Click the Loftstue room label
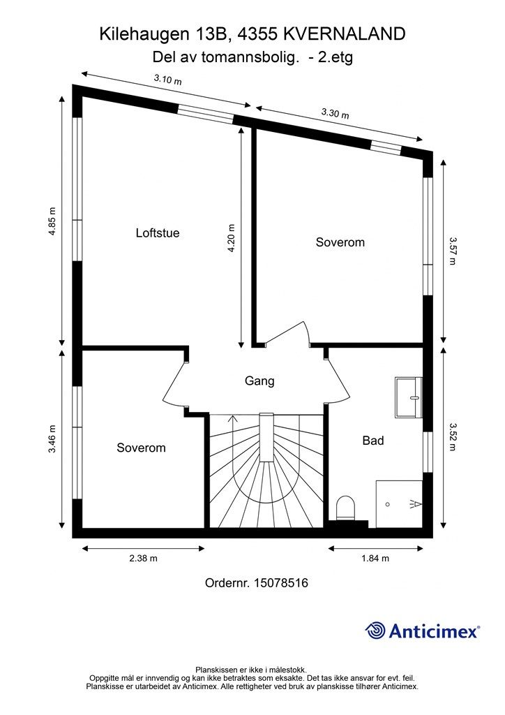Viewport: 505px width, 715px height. point(158,233)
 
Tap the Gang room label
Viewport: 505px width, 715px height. point(259,381)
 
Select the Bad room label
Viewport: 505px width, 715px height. point(373,441)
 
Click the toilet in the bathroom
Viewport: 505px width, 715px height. point(346,508)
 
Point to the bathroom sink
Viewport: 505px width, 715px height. point(409,397)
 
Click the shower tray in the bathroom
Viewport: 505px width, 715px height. point(399,504)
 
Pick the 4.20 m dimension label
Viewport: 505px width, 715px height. point(232,237)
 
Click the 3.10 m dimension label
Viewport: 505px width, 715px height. point(167,80)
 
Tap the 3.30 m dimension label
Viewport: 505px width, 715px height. point(335,113)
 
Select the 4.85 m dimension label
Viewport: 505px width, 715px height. point(52,221)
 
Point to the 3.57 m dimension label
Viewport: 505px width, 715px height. point(452,251)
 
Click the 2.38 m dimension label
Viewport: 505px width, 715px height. point(144,558)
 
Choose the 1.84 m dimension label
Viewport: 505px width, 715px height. point(375,558)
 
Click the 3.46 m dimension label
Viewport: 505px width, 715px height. point(52,438)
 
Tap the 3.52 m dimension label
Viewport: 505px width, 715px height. point(452,437)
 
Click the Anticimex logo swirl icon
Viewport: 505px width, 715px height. point(375,631)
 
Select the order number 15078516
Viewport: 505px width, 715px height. point(281,583)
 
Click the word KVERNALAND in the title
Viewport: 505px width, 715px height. point(345,34)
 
